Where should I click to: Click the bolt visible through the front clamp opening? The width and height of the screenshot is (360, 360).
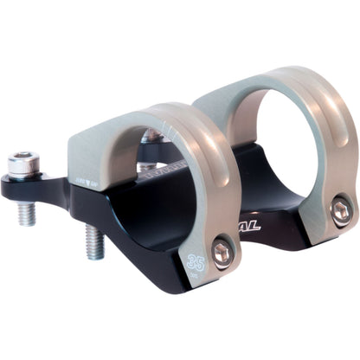[x=151, y=137]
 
